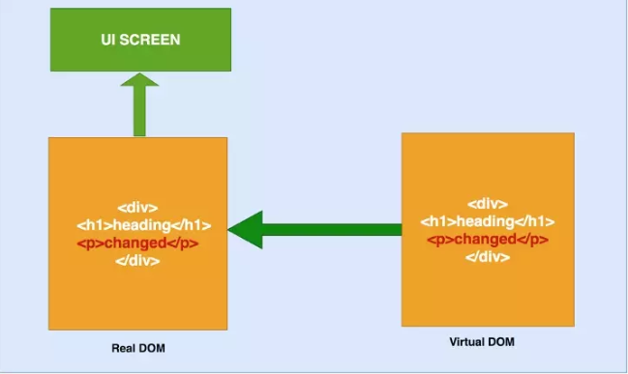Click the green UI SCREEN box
[140, 40]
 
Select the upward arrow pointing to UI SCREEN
[139, 104]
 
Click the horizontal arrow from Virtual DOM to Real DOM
[314, 230]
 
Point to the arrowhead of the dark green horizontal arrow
[245, 230]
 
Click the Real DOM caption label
[138, 348]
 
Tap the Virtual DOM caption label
[482, 342]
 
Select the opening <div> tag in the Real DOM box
[137, 208]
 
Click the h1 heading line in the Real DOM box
[144, 225]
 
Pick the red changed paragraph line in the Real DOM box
[137, 244]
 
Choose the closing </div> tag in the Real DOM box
[137, 261]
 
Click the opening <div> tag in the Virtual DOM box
[488, 204]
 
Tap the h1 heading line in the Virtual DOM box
[488, 221]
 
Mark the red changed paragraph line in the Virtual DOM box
[488, 240]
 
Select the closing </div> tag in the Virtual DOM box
[488, 257]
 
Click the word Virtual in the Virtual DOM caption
[468, 342]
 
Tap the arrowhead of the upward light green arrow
[139, 79]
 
